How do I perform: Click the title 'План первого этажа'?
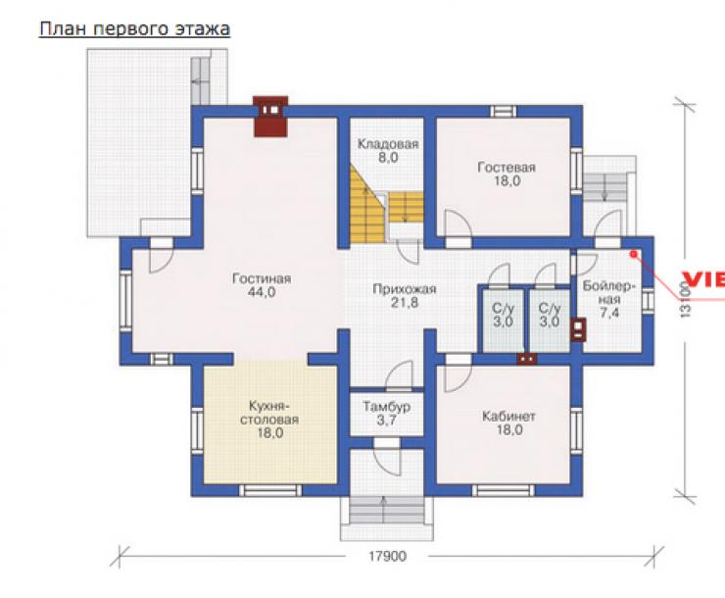pos(134,29)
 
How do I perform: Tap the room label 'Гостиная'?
pos(262,278)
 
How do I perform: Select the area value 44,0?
pos(262,292)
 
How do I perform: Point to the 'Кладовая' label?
pos(388,144)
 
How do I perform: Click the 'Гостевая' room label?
pos(507,167)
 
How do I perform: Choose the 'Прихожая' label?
pos(405,289)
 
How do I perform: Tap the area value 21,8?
pos(405,303)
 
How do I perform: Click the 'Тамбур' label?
pos(387,407)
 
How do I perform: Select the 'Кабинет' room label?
pos(508,417)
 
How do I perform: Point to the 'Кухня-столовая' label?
pos(269,413)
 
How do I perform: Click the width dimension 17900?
pos(387,556)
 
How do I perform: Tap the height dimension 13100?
pos(686,299)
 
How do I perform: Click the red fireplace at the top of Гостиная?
pos(270,117)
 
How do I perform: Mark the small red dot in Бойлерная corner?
pos(634,254)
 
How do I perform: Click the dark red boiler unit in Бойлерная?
pos(578,329)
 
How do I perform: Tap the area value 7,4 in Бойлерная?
pos(609,313)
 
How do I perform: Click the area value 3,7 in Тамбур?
pos(387,421)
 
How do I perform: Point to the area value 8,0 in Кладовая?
pos(388,158)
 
